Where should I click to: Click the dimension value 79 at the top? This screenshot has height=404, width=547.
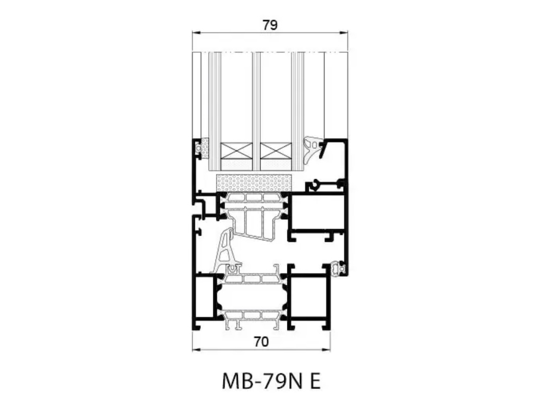[270, 25]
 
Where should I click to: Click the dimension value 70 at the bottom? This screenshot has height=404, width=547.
[261, 342]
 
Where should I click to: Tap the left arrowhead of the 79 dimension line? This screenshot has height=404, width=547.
[196, 33]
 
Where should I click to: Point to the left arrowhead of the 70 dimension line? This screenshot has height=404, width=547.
[196, 349]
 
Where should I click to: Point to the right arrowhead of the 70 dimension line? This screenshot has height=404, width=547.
[327, 349]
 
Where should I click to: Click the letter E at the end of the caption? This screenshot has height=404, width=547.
[315, 382]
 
